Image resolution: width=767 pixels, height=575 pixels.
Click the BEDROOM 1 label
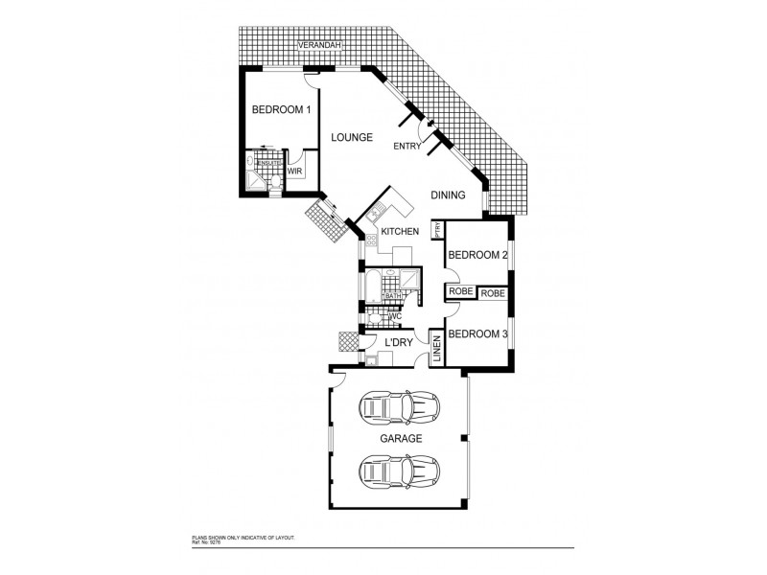281,110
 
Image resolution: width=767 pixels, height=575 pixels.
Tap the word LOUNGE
351,137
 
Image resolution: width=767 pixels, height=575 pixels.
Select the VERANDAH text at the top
318,45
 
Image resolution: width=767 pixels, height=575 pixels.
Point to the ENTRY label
407,146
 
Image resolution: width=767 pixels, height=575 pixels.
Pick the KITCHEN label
400,232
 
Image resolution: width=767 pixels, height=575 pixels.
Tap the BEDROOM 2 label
477,255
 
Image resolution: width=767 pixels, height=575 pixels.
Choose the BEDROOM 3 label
477,334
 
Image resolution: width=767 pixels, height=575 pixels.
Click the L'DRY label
398,342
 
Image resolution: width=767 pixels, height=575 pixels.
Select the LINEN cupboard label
436,348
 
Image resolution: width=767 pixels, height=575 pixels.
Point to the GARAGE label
401,438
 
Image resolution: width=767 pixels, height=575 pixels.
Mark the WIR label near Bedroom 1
295,171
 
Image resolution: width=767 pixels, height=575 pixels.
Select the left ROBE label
458,292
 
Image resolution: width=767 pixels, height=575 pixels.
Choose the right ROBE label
492,292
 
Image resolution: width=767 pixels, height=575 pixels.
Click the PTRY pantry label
437,230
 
